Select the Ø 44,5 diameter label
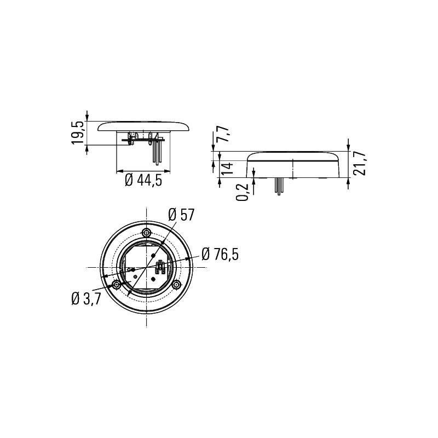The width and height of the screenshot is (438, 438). pos(143,180)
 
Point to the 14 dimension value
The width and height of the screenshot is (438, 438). pos(226,168)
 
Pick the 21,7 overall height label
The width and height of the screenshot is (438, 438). pos(360,163)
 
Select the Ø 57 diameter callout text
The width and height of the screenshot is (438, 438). pos(182,215)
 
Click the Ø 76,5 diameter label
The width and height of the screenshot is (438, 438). pos(220,254)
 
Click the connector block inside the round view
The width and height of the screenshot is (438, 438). pos(162,268)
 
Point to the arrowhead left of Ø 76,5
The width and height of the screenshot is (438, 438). pos(189,259)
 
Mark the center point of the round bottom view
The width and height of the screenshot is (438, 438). pos(147,268)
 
